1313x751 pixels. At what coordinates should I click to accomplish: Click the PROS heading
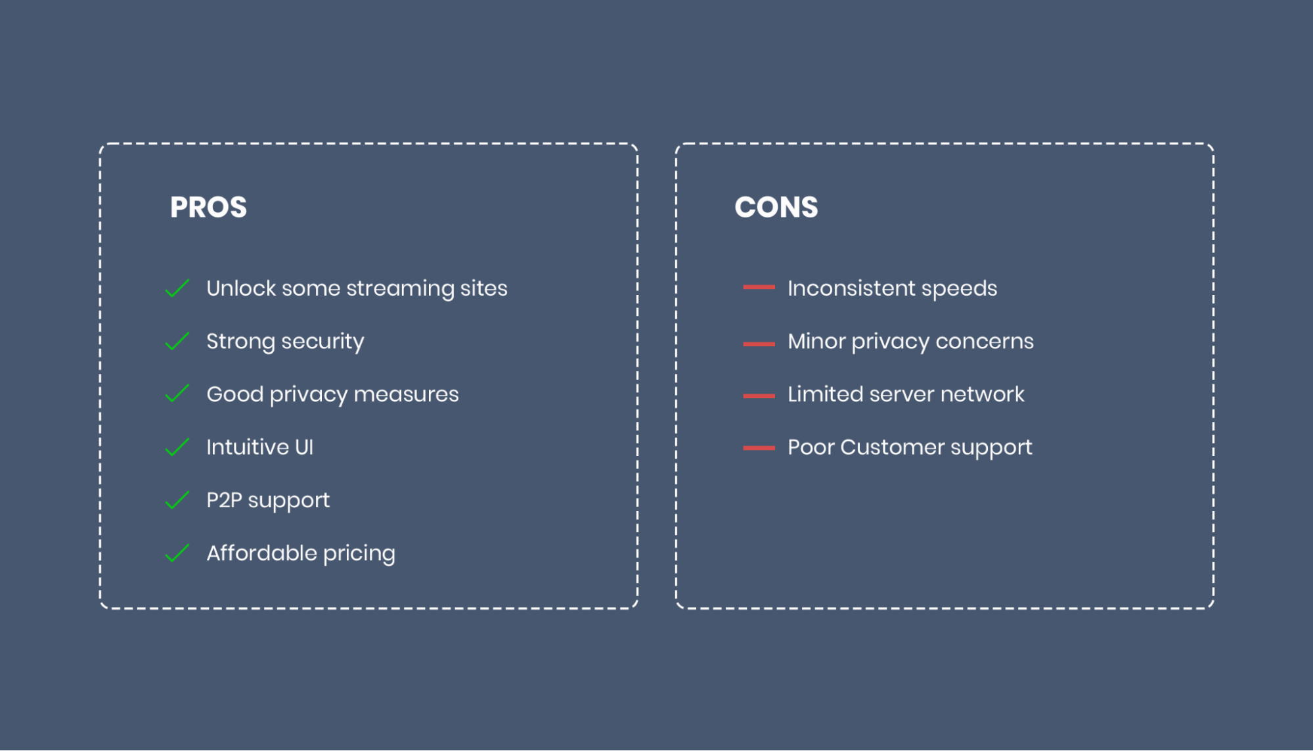coord(208,207)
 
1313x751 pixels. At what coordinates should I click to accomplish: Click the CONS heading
coord(776,207)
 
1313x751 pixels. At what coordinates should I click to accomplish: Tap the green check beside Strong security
coord(177,341)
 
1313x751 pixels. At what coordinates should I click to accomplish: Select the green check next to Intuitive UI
coord(177,447)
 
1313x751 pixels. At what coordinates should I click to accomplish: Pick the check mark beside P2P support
coord(177,500)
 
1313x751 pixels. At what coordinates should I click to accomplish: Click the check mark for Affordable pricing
coord(177,553)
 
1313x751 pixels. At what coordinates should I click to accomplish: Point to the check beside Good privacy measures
coord(177,394)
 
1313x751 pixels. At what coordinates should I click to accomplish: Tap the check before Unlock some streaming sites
coord(177,288)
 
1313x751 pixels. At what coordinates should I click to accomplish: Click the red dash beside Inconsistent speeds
coord(759,287)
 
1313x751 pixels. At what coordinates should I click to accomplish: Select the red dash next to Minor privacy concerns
coord(759,344)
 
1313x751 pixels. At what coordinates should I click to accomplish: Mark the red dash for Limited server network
coord(759,396)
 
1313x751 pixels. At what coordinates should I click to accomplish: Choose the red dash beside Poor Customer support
coord(759,448)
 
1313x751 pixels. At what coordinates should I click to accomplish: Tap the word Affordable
coord(262,553)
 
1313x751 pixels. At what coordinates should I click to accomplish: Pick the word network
coord(982,394)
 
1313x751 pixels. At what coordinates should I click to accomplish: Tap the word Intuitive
coord(248,447)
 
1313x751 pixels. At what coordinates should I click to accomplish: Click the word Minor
coord(816,341)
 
